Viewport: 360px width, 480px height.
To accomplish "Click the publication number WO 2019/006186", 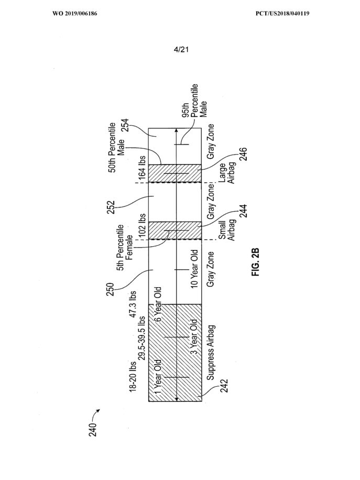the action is pos(75,14).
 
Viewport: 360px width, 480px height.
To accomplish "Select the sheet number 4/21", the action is pos(181,49).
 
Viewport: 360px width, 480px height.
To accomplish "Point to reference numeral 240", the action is pos(93,429).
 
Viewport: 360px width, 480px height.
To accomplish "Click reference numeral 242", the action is pos(224,386).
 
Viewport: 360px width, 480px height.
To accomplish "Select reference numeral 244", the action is pos(243,211).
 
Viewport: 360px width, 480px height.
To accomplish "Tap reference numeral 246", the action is pos(243,155).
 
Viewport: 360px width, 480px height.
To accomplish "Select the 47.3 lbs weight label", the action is pos(133,304).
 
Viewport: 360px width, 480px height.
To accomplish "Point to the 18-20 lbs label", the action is pos(133,376).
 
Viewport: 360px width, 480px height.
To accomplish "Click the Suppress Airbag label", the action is pos(211,353).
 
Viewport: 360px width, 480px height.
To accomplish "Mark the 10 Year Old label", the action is pos(194,269).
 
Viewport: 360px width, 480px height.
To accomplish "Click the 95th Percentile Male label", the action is pos(194,101).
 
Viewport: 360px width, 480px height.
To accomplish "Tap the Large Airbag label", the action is pos(226,173).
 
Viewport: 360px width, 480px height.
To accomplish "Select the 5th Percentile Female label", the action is pos(125,248).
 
